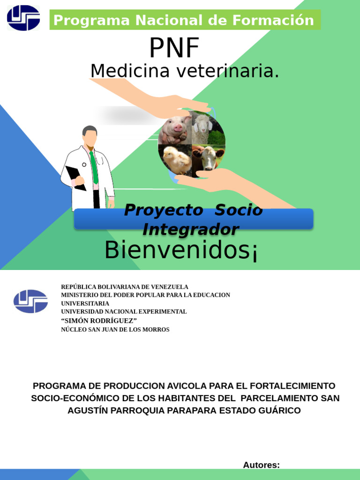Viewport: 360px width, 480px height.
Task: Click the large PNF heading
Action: coord(174,48)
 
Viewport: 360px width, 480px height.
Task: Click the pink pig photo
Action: coord(175,130)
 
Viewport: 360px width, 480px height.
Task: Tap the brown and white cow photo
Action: coord(207,158)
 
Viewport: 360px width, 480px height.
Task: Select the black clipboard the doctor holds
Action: coord(75,177)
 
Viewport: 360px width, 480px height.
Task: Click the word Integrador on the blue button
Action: coord(190,230)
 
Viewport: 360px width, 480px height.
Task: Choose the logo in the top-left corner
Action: coord(23,18)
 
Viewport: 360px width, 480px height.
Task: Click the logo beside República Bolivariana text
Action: coord(30,301)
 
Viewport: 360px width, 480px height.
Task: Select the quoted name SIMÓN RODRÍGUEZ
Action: coord(99,321)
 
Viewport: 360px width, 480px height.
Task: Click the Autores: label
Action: coord(261,465)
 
